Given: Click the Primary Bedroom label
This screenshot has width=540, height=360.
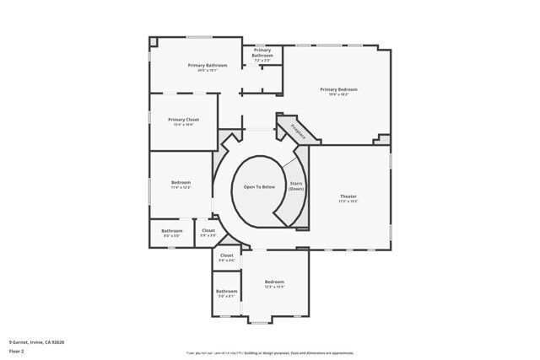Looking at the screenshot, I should (x=338, y=89).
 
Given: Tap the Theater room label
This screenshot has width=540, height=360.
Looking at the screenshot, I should (x=348, y=196).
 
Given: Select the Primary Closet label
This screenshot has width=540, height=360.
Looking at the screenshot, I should (x=183, y=120).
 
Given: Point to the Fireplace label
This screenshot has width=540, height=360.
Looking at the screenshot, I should (x=297, y=130).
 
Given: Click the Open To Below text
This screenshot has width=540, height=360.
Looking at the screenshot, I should (x=259, y=186).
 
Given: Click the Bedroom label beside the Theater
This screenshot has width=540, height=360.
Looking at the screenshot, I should (x=274, y=282).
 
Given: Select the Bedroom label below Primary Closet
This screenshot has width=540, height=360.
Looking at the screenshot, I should (x=181, y=182).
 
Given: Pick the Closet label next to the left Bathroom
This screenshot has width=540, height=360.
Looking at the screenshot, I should (x=208, y=230).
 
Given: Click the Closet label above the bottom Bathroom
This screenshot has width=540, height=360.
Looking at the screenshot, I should (x=226, y=255).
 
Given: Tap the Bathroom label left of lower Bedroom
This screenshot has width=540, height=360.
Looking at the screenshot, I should (x=226, y=291).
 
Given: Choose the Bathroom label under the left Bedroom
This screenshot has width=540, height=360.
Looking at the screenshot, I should (x=172, y=230).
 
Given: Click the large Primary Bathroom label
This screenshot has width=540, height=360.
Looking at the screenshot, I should (x=208, y=65).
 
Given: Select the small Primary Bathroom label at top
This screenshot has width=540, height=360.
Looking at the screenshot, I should (x=262, y=53).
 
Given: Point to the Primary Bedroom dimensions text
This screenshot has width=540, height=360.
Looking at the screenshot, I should (x=338, y=94).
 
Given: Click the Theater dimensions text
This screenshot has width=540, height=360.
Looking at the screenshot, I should (x=348, y=202).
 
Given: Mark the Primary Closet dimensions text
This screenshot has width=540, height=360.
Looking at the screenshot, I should (x=183, y=125).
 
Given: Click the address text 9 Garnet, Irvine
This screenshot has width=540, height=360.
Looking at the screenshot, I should (x=36, y=341).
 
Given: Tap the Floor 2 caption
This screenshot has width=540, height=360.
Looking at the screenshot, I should (x=17, y=352).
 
